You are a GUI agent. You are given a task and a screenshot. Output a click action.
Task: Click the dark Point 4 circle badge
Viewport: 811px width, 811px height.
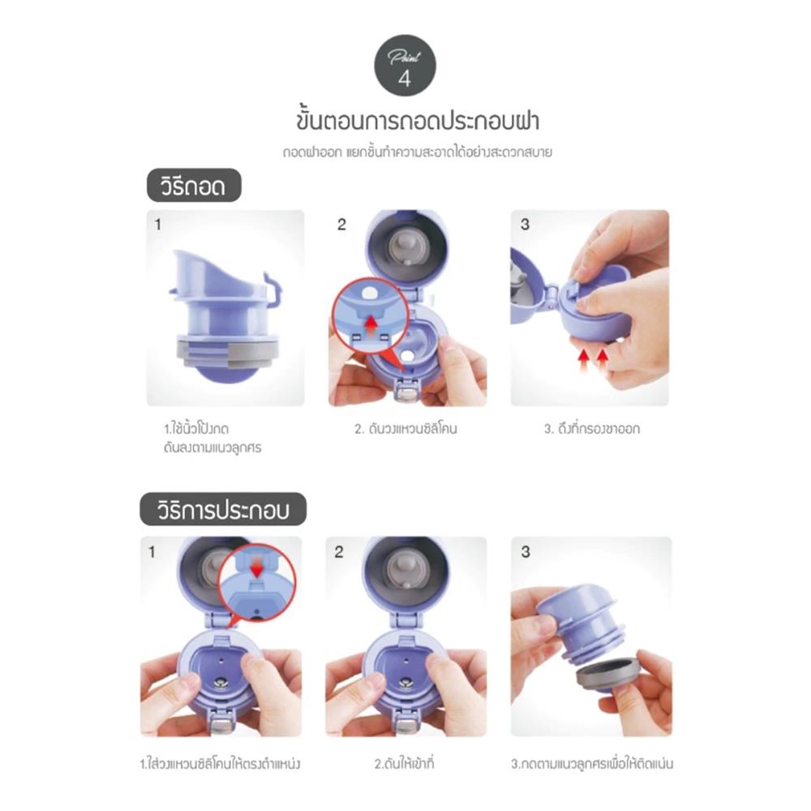405,66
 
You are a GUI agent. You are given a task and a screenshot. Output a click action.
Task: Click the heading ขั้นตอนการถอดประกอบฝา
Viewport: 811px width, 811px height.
418,120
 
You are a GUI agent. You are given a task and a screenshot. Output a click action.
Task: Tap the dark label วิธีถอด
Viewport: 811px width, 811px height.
194,185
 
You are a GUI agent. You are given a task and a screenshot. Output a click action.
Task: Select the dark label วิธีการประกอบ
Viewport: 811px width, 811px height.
223,509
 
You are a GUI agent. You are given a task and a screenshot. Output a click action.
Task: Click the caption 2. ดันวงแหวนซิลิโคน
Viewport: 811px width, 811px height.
406,429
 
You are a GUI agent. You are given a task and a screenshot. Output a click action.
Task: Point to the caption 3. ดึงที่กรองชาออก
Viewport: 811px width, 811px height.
592,429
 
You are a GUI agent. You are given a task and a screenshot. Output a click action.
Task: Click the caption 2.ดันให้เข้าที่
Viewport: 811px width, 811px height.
405,764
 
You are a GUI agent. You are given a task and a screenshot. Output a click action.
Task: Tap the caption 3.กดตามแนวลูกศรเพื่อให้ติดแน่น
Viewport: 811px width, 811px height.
592,764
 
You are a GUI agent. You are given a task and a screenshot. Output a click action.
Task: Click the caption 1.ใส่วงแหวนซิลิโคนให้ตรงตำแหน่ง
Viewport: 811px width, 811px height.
221,764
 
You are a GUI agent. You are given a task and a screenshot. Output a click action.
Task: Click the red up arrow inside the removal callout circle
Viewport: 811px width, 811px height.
371,325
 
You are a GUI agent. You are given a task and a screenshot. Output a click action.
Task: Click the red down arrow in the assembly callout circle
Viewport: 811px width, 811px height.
256,569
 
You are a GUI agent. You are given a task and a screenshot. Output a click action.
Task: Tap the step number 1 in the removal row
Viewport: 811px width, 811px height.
158,225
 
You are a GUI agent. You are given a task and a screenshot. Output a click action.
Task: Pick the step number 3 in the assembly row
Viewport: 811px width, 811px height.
526,551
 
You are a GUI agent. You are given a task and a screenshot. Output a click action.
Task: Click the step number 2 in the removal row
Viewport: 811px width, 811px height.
341,225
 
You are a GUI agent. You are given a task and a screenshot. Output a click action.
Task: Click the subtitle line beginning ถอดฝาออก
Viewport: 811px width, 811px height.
418,152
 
